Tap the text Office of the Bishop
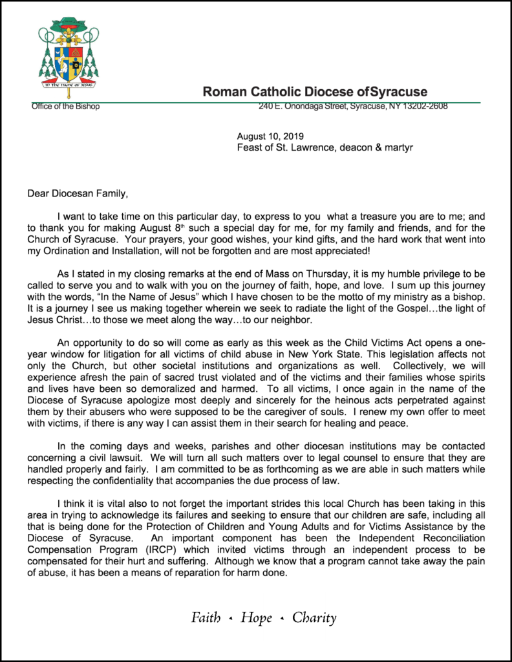coord(65,107)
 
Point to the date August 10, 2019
coord(270,136)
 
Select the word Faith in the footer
coord(206,618)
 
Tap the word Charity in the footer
coord(314,618)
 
